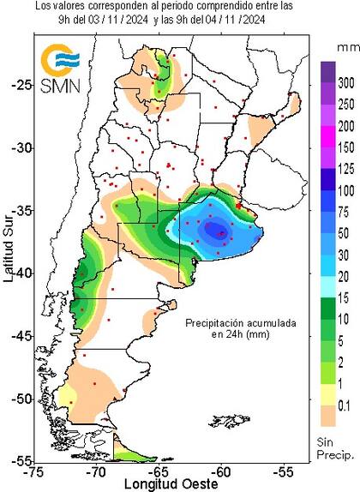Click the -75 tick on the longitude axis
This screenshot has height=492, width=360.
35,471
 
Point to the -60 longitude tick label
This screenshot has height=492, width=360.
222,471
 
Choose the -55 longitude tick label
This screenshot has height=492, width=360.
285,471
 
